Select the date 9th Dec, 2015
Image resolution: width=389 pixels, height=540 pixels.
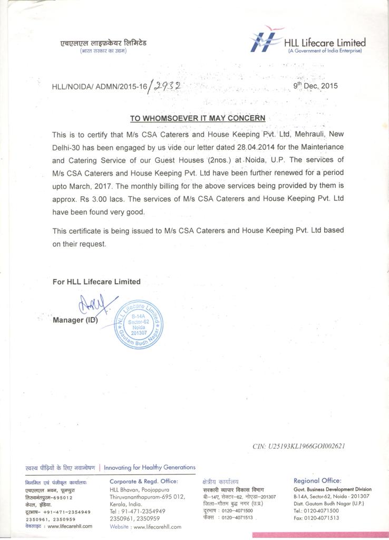point(315,86)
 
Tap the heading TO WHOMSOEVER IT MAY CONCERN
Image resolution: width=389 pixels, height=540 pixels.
point(198,118)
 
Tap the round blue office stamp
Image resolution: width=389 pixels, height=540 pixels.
point(138,325)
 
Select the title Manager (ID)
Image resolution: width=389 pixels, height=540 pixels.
point(75,320)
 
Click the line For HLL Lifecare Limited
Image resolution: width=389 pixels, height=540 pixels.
point(96,282)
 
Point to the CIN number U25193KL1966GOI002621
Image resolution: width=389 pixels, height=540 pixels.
point(299,446)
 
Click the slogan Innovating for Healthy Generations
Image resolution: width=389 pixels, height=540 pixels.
point(150,467)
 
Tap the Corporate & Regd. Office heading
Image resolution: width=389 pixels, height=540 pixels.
point(144,481)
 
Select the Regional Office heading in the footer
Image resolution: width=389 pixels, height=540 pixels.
point(317,480)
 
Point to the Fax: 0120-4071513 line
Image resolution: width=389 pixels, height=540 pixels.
point(316,518)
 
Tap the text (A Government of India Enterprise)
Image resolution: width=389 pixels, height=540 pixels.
point(325,51)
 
